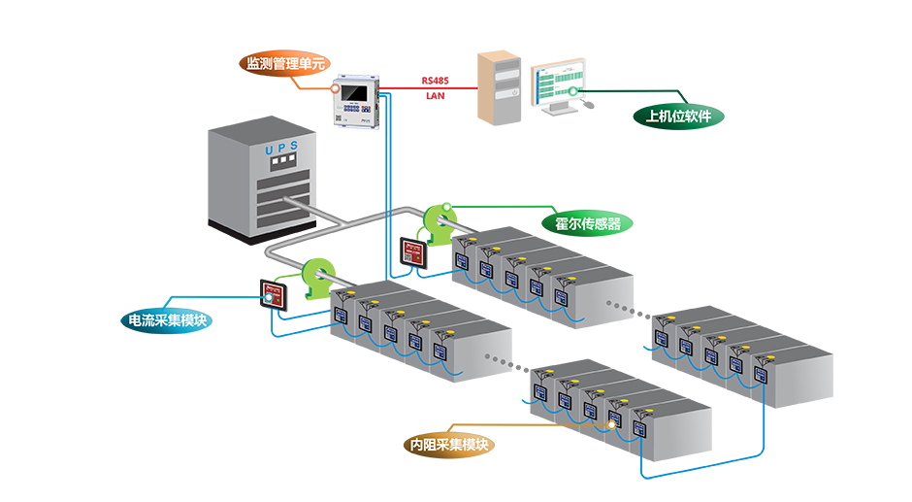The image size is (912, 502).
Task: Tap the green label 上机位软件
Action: (x=678, y=117)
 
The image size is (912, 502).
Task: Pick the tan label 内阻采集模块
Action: (x=449, y=445)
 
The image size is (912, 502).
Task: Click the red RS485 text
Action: (x=436, y=81)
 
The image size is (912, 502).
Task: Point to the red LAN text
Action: (x=436, y=96)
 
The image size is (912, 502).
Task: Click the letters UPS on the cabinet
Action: (x=281, y=149)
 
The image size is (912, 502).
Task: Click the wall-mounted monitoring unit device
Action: (x=354, y=101)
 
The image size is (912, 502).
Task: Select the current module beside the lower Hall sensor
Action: (x=272, y=293)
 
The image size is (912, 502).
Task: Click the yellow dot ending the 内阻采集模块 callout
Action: (x=613, y=423)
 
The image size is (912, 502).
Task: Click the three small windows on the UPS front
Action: (x=279, y=161)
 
